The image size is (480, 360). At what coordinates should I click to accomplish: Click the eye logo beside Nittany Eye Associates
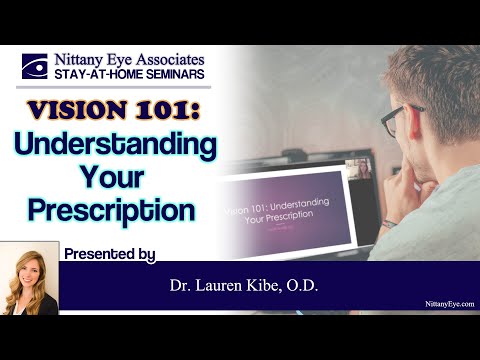(x=37, y=67)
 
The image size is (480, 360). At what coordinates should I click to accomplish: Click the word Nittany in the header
(x=88, y=58)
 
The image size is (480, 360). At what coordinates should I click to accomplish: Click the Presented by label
(x=108, y=254)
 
